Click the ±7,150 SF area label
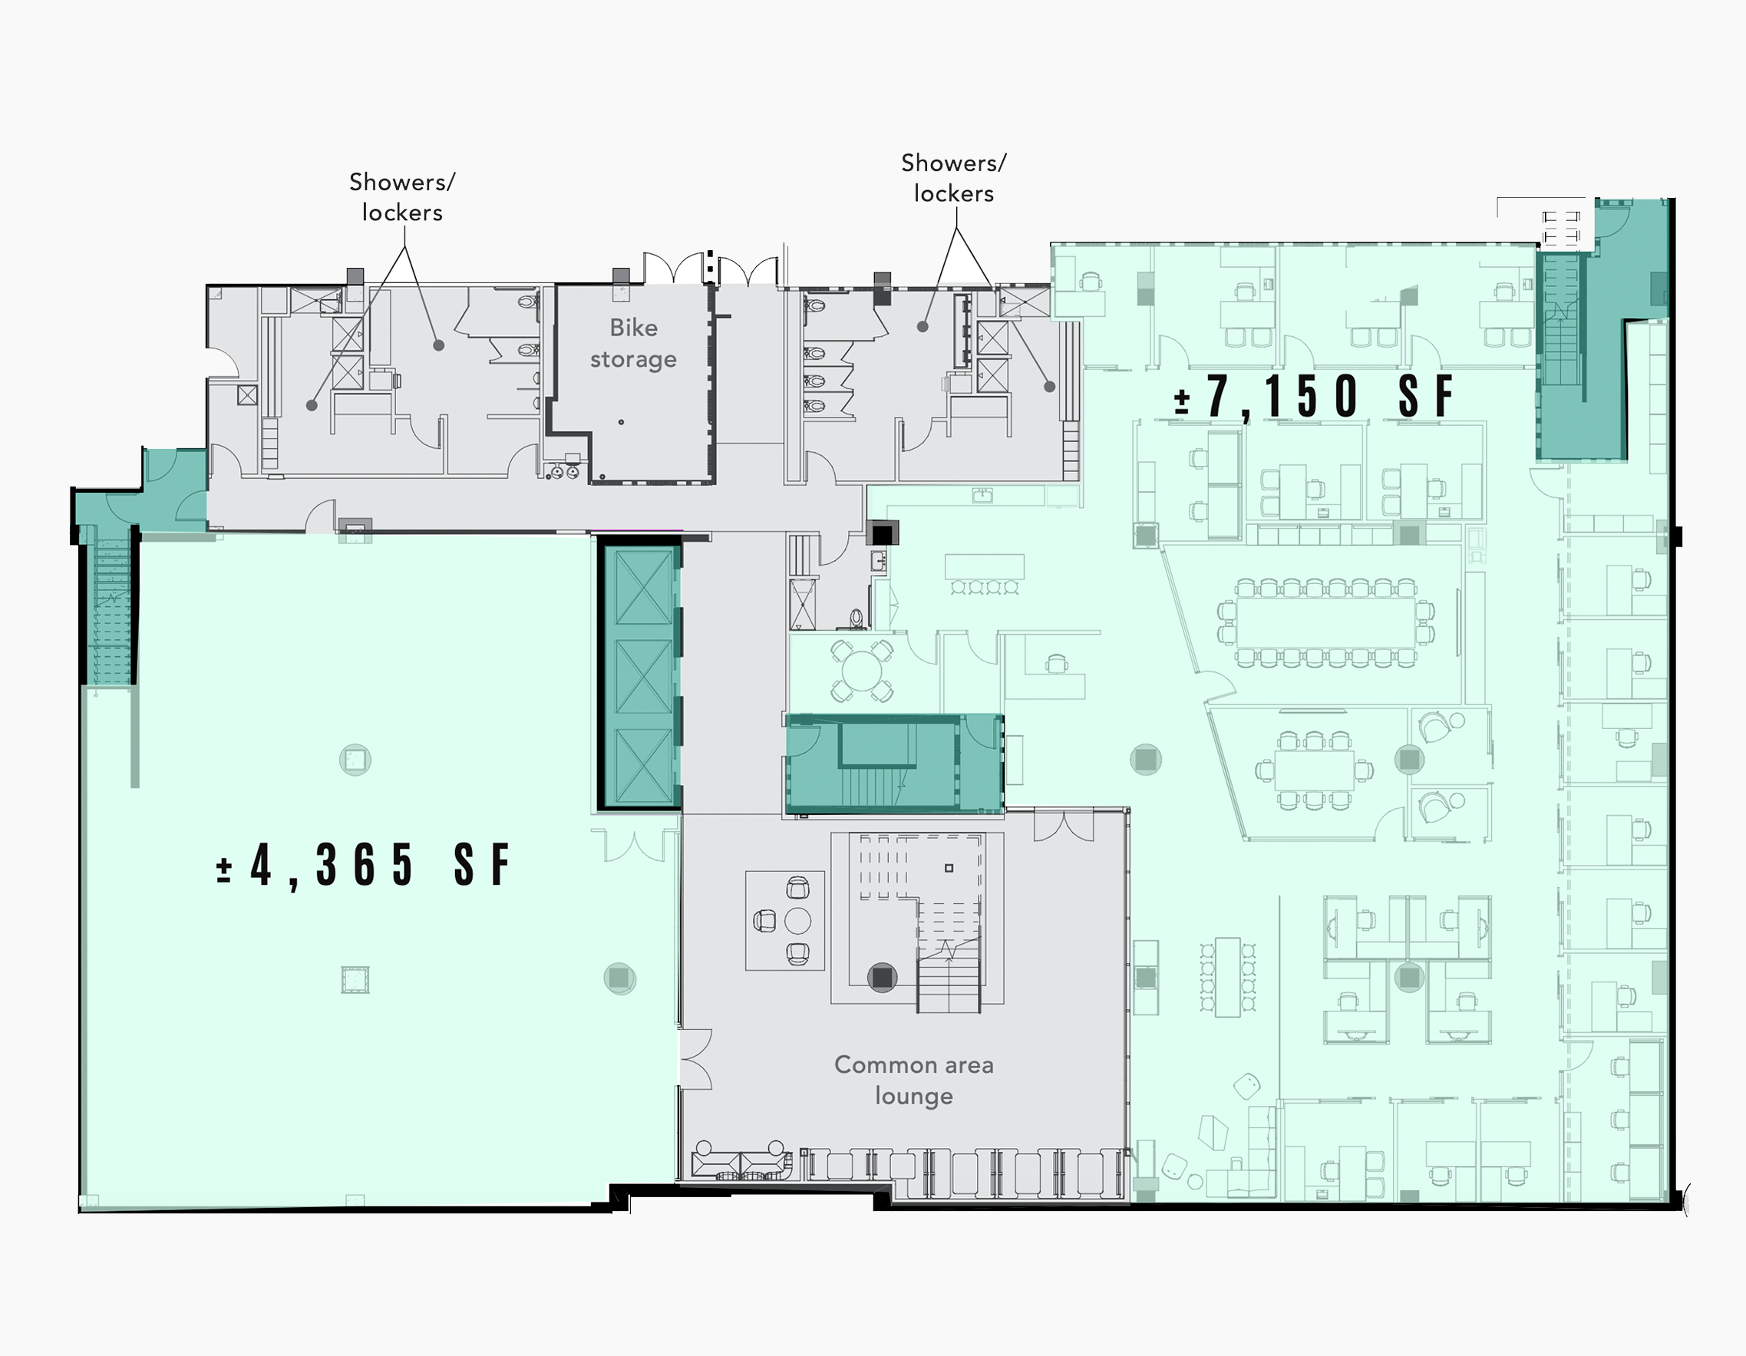(x=1312, y=396)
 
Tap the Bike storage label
(x=633, y=343)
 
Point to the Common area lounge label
(x=914, y=1080)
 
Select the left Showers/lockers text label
(x=402, y=196)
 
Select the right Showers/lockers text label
(x=954, y=177)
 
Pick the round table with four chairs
(x=861, y=671)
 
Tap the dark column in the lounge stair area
(x=882, y=977)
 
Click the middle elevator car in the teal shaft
(x=644, y=675)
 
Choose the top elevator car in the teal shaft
(x=644, y=587)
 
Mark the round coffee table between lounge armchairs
(x=798, y=921)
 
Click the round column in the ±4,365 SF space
(x=619, y=978)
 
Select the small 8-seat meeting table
(x=1314, y=770)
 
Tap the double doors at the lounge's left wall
(x=695, y=1059)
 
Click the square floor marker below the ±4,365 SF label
(x=355, y=979)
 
